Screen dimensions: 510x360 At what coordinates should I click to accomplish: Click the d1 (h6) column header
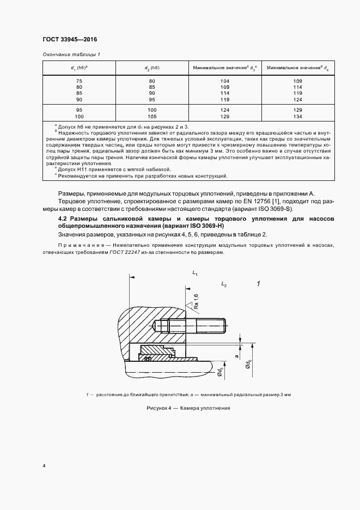tap(80, 68)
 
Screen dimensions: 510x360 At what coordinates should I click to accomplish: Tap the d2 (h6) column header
tap(152, 68)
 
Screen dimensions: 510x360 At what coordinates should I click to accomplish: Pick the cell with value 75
tap(80, 81)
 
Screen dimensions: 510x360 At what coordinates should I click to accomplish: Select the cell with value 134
tap(297, 117)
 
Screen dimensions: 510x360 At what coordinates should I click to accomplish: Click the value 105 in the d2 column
tap(152, 117)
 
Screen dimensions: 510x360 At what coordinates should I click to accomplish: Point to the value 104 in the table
tap(224, 81)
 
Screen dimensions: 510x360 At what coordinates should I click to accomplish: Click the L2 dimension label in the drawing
tap(224, 284)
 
